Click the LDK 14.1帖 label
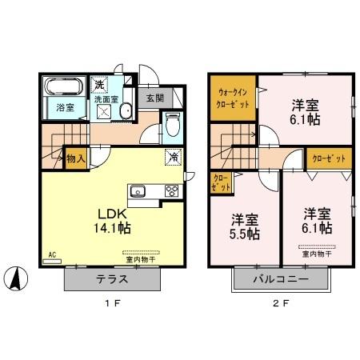(x=113, y=220)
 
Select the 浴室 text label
(x=64, y=105)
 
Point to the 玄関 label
(x=154, y=99)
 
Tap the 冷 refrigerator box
(x=173, y=157)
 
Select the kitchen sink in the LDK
(x=137, y=190)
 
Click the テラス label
(x=113, y=282)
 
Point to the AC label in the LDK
(x=51, y=255)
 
